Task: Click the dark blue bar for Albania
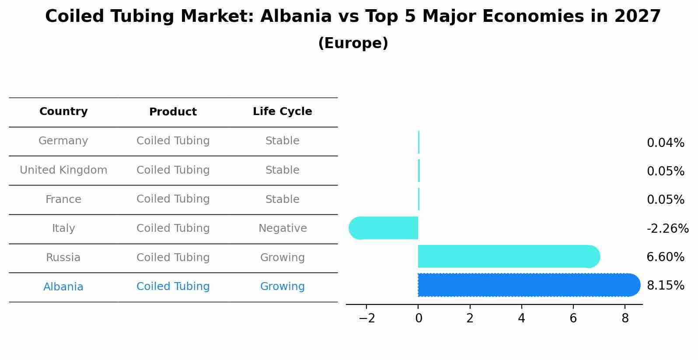[525, 285]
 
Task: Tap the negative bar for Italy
[385, 228]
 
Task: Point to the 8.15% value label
[665, 286]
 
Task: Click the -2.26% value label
[667, 229]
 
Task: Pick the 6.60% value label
[665, 257]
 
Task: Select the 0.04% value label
[665, 143]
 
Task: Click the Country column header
[63, 112]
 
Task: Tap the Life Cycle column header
[282, 112]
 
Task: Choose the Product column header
[173, 112]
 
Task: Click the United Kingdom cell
[63, 170]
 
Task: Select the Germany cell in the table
[63, 141]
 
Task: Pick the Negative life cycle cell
[283, 228]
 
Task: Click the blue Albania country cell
[63, 287]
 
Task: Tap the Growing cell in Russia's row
[282, 258]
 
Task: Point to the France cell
[63, 199]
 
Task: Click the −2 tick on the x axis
[366, 318]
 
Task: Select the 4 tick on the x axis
[521, 318]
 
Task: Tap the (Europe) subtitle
[353, 43]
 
